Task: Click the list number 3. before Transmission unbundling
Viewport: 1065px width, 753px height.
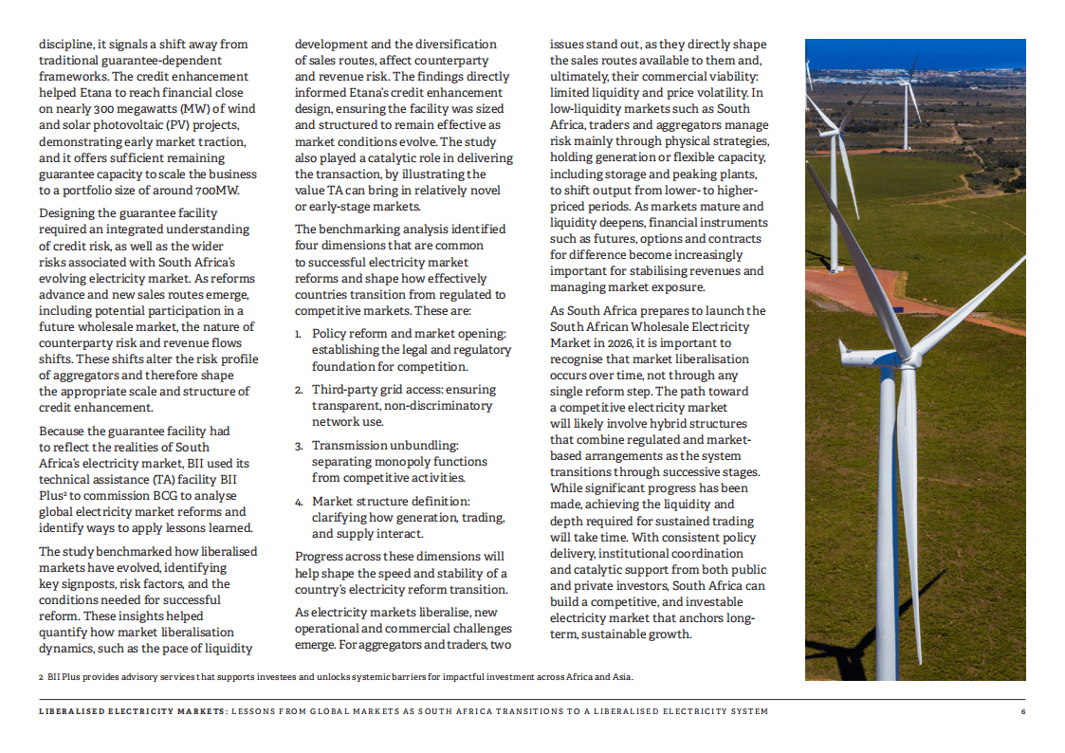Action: (299, 446)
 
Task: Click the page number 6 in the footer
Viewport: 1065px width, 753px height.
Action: (1023, 711)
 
